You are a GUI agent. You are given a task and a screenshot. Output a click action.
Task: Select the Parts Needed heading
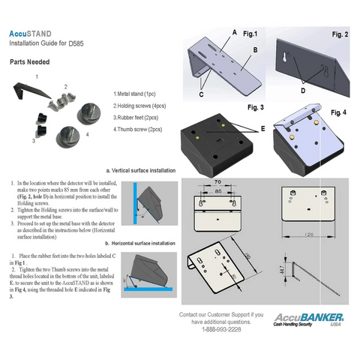click(30, 63)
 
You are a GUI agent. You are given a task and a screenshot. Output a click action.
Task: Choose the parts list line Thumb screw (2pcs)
click(138, 130)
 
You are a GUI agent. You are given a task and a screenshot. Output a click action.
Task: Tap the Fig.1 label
click(250, 34)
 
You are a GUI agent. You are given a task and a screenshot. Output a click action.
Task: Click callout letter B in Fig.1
click(255, 49)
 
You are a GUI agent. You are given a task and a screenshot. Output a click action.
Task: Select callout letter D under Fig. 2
click(302, 91)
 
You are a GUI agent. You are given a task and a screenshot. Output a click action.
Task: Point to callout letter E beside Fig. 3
click(262, 128)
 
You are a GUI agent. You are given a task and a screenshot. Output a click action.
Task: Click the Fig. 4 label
click(339, 112)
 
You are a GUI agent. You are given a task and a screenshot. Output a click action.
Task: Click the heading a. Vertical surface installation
click(141, 171)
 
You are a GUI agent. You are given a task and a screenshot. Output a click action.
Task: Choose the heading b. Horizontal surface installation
click(140, 243)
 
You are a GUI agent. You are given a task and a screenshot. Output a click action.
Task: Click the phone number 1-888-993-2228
click(221, 329)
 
